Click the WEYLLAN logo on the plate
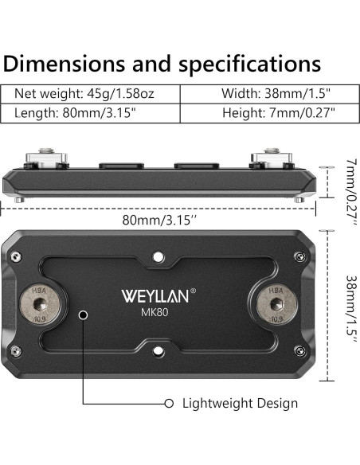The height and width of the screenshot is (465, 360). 155,297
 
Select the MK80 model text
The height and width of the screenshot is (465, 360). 155,313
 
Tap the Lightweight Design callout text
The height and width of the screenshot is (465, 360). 241,403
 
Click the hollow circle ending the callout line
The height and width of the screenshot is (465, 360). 169,403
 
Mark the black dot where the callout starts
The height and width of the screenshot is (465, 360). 83,315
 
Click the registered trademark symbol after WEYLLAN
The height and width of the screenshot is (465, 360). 193,291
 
